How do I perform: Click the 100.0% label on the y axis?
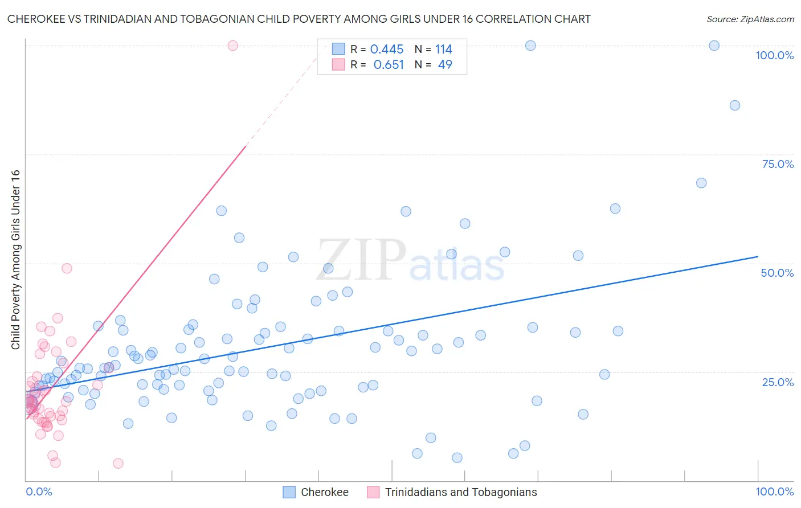coord(774,55)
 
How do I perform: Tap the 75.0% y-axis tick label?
coord(778,164)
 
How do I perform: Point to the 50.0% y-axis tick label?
coord(777,273)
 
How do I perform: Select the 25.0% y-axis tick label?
coord(778,382)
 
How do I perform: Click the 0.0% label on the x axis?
coord(39,491)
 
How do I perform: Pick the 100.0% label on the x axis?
coord(774,491)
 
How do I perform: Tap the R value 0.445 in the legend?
coord(387,50)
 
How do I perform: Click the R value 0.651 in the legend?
coord(389,65)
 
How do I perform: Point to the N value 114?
coord(444,50)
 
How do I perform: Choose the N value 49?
coord(445,65)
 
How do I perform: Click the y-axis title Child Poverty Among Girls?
coord(15,260)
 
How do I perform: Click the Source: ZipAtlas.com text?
coord(750,19)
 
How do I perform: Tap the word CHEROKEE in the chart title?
coord(38,19)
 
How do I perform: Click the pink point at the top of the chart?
coord(232,46)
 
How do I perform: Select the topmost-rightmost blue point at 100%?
coord(714,46)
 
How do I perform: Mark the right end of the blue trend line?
coord(758,257)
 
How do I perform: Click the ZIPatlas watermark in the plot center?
coord(410,261)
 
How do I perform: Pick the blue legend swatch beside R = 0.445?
coord(338,49)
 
